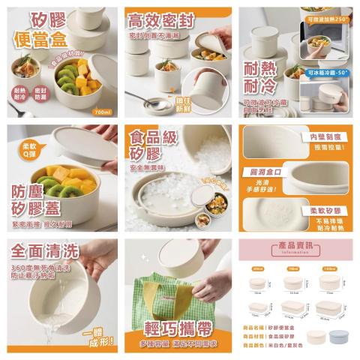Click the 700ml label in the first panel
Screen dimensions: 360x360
[x=103, y=110]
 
